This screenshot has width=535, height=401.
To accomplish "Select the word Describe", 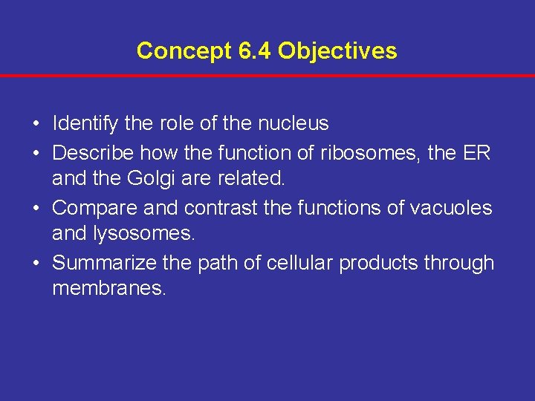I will pyautogui.click(x=93, y=152).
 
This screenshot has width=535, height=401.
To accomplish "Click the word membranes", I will pyautogui.click(x=108, y=289).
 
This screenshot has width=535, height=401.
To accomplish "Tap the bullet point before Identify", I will pyautogui.click(x=36, y=124).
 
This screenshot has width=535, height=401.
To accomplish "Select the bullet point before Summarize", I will pyautogui.click(x=36, y=263).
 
